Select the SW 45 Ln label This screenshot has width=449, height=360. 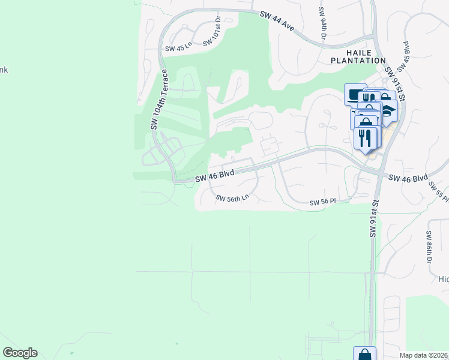tap(178, 47)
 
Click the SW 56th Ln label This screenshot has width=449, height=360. tap(232, 198)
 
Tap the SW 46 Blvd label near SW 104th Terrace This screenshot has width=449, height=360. tap(214, 175)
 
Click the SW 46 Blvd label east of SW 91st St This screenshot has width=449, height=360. tap(408, 178)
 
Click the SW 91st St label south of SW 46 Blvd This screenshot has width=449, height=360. tap(373, 219)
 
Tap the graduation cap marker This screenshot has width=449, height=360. tap(390, 111)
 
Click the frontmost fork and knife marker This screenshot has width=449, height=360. tap(365, 137)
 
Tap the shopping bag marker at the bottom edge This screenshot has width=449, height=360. tap(364, 354)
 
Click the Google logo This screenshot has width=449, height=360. tap(20, 353)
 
